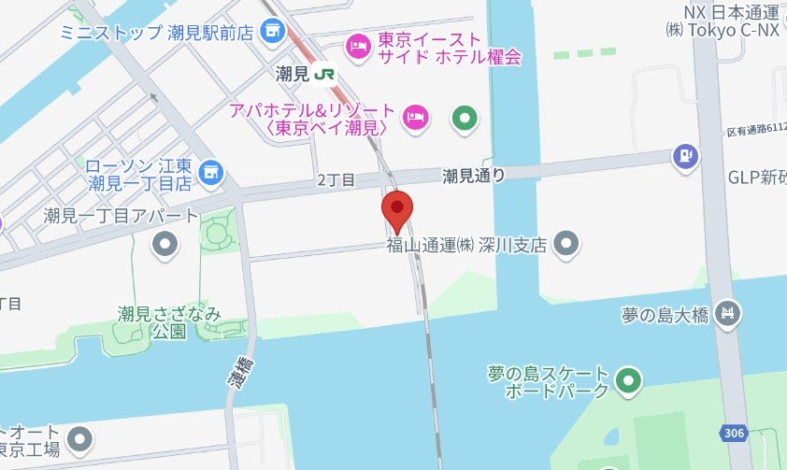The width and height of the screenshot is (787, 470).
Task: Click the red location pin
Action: pos(398,209)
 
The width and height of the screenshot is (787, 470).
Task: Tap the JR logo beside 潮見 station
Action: pos(325,73)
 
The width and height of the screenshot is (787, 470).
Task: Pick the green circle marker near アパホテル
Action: pos(465,118)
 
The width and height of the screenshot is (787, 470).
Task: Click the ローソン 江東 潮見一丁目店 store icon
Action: pos(212,171)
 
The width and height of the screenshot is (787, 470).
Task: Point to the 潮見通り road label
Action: pos(474,175)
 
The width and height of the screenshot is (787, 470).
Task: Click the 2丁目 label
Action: pos(336,178)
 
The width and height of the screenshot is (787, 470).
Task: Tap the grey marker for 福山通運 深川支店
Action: pos(565,246)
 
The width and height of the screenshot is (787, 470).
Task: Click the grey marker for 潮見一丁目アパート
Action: pos(165,246)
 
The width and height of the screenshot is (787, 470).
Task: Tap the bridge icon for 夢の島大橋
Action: pos(726,315)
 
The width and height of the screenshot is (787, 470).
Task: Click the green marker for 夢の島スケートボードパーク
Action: pos(630,381)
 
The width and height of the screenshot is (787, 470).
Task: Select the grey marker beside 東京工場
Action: pos(81,437)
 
